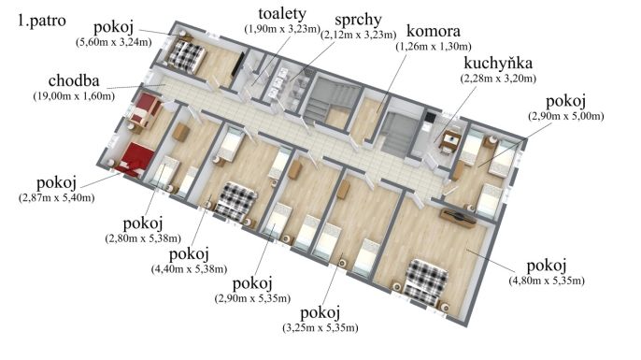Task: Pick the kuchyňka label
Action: pos(501,64)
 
